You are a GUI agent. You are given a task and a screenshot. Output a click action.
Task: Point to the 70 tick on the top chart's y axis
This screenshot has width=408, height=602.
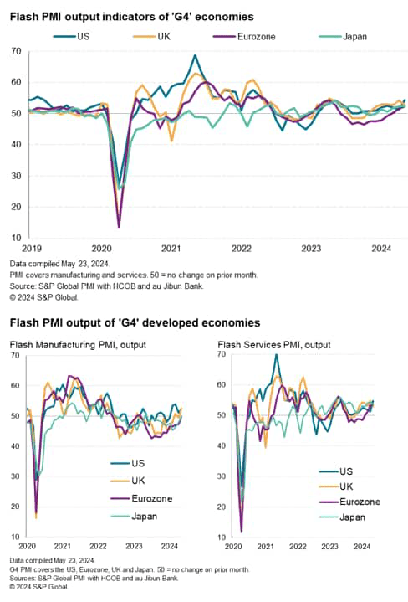16,52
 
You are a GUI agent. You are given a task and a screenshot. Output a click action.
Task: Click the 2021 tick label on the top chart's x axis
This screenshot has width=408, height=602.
171,249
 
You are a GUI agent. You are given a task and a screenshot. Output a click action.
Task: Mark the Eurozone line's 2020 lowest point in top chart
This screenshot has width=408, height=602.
119,226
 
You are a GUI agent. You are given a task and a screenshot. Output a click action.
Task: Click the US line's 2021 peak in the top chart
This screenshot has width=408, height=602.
195,55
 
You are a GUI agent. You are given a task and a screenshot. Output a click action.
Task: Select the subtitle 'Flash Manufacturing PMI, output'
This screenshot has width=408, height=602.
78,344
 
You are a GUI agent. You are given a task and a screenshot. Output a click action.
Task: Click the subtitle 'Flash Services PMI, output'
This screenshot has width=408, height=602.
274,344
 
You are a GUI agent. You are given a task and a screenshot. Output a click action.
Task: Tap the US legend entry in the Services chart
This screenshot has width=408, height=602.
346,471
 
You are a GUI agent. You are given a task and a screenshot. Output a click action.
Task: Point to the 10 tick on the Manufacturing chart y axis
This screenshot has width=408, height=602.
14,536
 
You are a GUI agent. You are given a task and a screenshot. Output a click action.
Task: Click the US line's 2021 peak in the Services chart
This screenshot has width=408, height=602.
276,354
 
